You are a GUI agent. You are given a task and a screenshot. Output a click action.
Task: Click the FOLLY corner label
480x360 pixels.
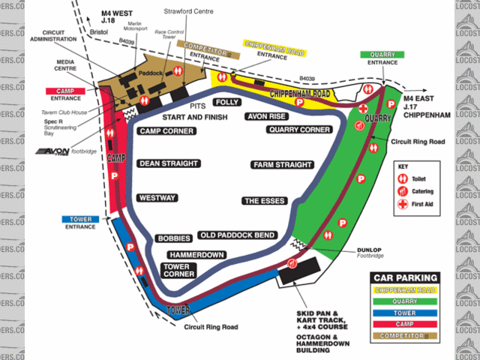pyautogui.click(x=226, y=102)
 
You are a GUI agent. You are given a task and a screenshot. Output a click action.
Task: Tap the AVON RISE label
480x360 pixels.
pyautogui.click(x=266, y=117)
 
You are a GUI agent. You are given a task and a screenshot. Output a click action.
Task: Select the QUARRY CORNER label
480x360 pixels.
pyautogui.click(x=299, y=130)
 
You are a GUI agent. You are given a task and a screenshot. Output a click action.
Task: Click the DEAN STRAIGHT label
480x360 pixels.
pyautogui.click(x=168, y=163)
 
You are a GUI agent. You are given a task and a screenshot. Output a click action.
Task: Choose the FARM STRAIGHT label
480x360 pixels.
pyautogui.click(x=282, y=165)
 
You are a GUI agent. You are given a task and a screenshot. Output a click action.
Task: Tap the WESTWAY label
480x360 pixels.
pyautogui.click(x=157, y=198)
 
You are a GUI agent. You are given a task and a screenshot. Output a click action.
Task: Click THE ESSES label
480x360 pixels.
pyautogui.click(x=262, y=201)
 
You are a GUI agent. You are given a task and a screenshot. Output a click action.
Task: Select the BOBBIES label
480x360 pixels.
pyautogui.click(x=174, y=238)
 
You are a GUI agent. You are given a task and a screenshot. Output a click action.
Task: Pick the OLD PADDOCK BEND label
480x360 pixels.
pyautogui.click(x=237, y=235)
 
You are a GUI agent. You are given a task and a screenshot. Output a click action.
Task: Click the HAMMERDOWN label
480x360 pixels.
pyautogui.click(x=196, y=255)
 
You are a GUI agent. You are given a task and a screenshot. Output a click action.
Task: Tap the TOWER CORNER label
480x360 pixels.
pyautogui.click(x=180, y=270)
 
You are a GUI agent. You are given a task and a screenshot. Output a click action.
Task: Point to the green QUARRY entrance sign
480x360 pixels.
pyautogui.click(x=382, y=55)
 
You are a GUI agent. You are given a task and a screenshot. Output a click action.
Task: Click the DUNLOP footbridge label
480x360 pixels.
pyautogui.click(x=368, y=253)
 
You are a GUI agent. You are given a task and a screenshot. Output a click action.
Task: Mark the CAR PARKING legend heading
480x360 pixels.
pyautogui.click(x=414, y=277)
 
